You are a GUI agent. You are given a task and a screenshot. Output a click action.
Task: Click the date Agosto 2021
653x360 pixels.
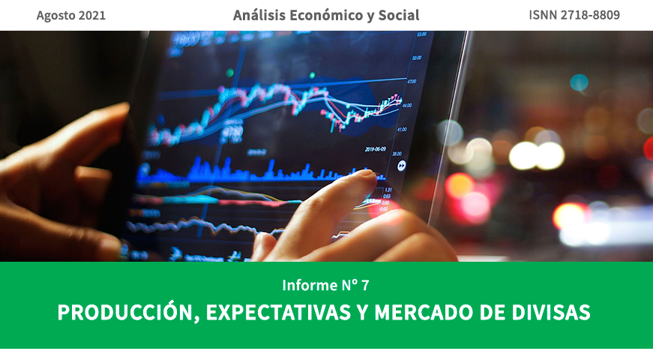coord(71,15)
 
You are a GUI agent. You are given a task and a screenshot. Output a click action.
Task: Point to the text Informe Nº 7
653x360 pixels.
coord(326,285)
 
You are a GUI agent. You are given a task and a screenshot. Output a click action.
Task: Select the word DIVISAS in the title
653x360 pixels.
coord(554,313)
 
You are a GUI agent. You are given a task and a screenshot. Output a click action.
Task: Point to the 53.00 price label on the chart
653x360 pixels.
coord(421,34)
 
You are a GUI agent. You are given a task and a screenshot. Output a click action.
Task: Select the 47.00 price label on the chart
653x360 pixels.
coord(412,81)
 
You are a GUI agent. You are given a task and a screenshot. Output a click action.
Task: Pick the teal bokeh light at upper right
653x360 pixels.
coord(579,82)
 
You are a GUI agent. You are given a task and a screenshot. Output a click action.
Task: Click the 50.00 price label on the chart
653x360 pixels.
coord(417,58)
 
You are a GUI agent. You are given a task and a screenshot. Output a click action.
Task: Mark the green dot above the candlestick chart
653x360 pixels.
coord(395,95)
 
